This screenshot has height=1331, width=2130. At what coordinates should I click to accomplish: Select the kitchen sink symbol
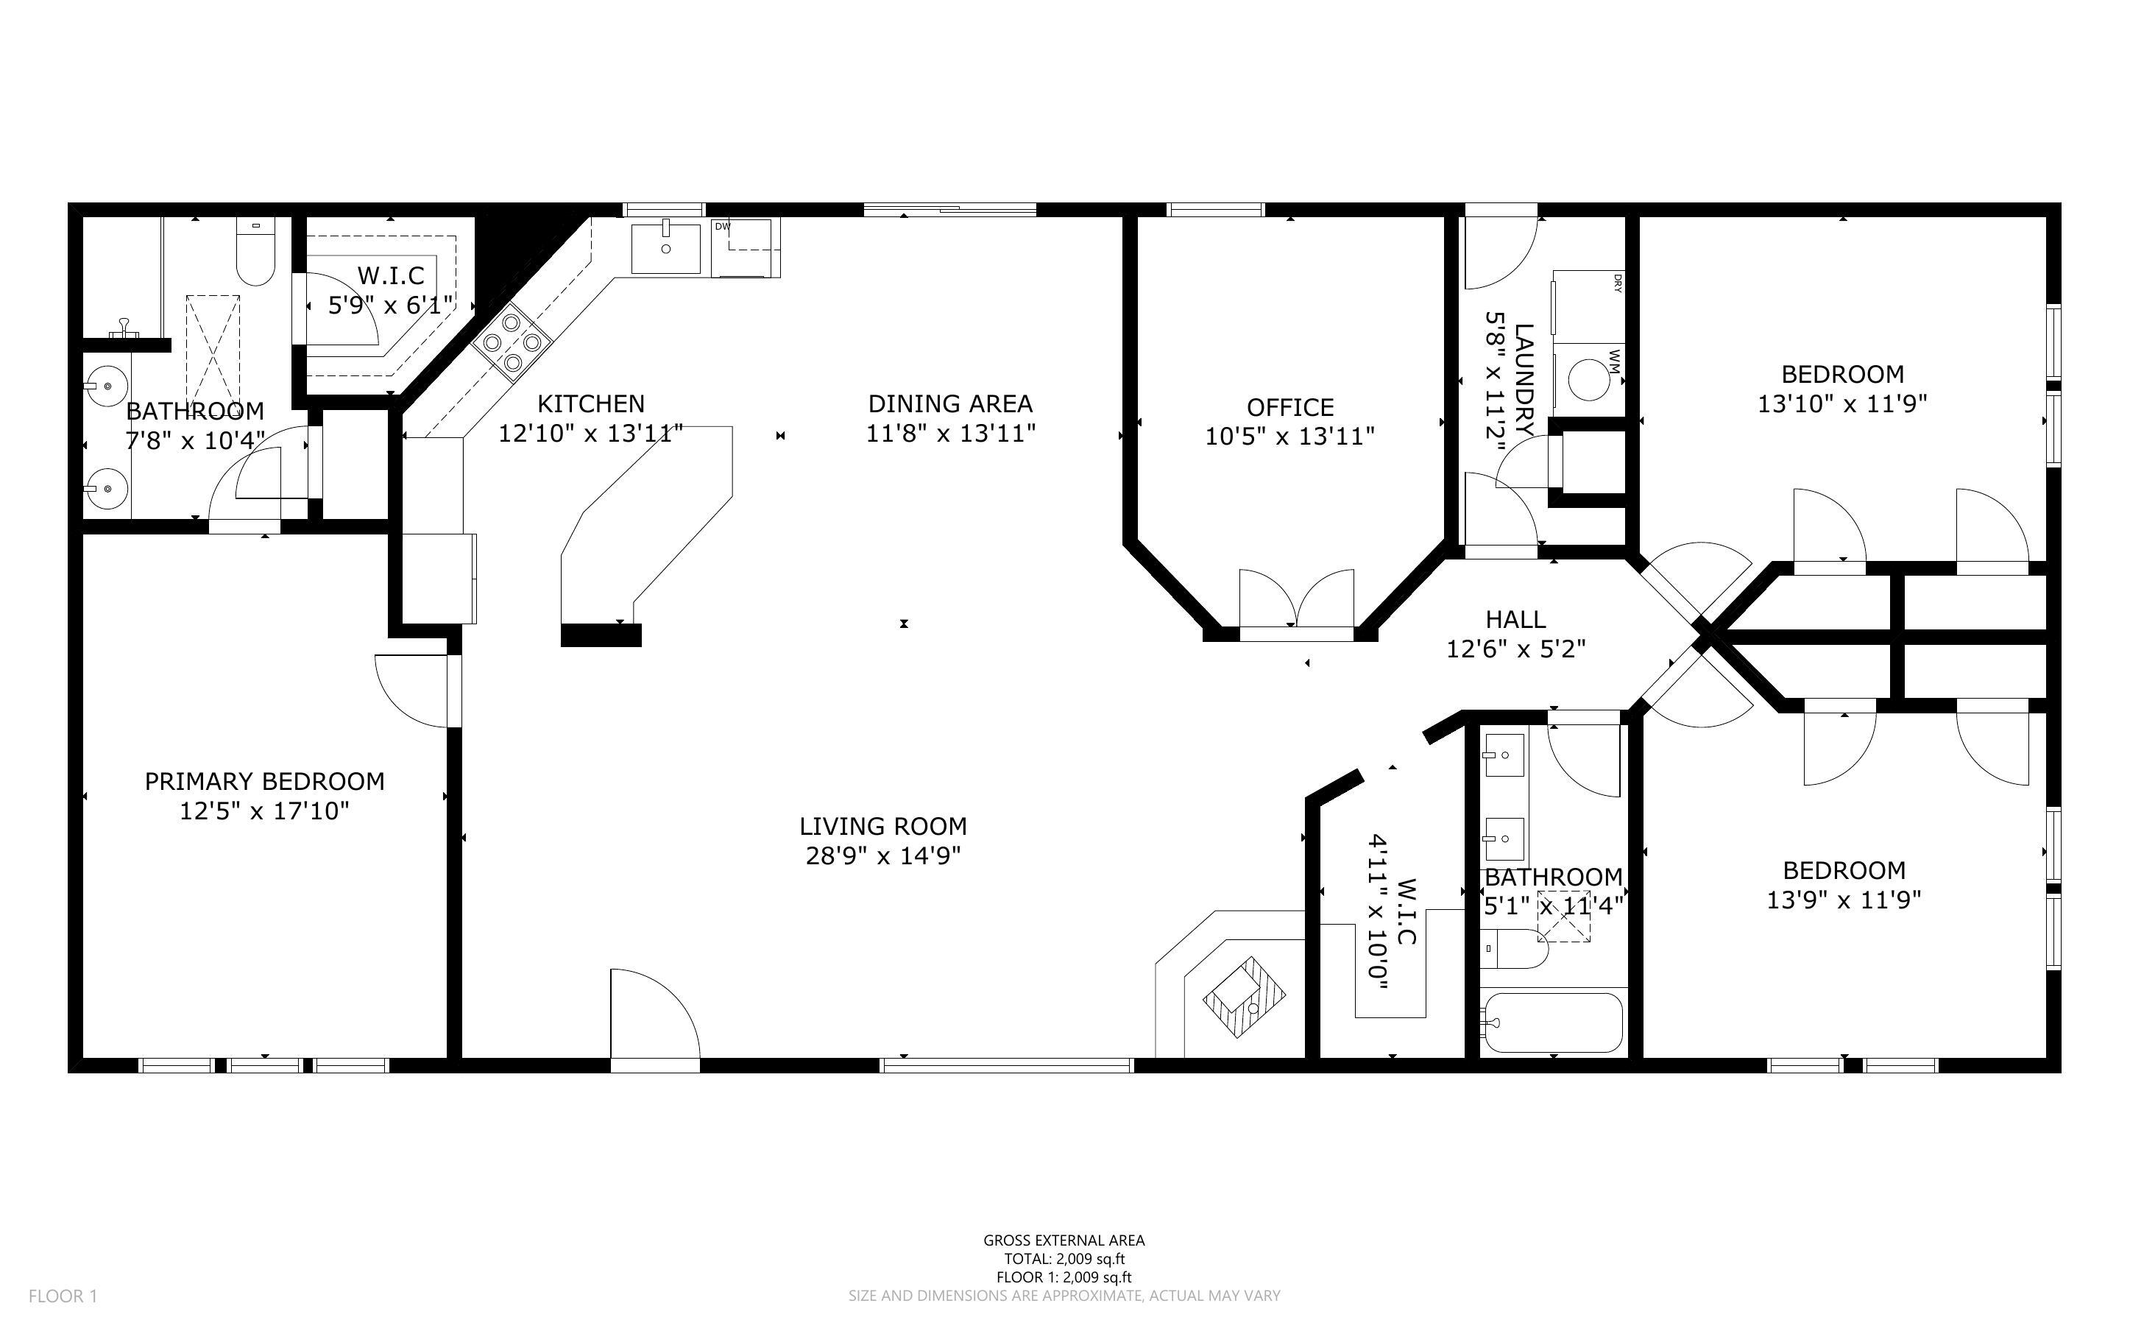click(x=666, y=248)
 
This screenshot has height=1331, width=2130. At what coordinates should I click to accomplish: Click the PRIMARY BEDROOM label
click(x=264, y=782)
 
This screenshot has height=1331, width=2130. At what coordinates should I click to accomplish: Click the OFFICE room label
click(x=1289, y=408)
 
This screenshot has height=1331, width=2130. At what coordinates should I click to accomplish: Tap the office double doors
click(x=1296, y=601)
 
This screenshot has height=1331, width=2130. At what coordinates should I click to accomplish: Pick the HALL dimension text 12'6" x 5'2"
click(x=1516, y=649)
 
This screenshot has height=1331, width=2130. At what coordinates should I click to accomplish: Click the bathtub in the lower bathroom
click(x=1550, y=1022)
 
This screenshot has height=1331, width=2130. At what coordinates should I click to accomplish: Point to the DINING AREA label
click(x=950, y=404)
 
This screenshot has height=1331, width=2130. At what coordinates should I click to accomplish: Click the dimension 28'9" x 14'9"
click(x=882, y=855)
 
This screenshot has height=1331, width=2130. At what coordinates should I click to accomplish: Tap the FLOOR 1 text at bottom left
click(x=63, y=1296)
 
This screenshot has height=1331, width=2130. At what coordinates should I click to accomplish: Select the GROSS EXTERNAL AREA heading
click(x=1064, y=1240)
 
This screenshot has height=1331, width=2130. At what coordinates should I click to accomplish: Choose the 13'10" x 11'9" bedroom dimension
click(x=1842, y=404)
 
